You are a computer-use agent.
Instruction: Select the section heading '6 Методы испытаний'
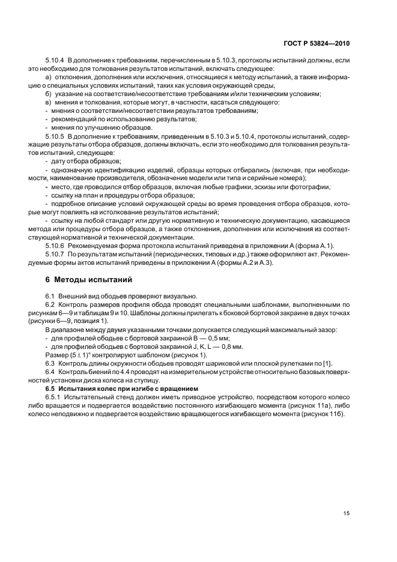pos(82,280)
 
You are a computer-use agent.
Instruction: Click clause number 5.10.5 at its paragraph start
pos(55,147)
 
